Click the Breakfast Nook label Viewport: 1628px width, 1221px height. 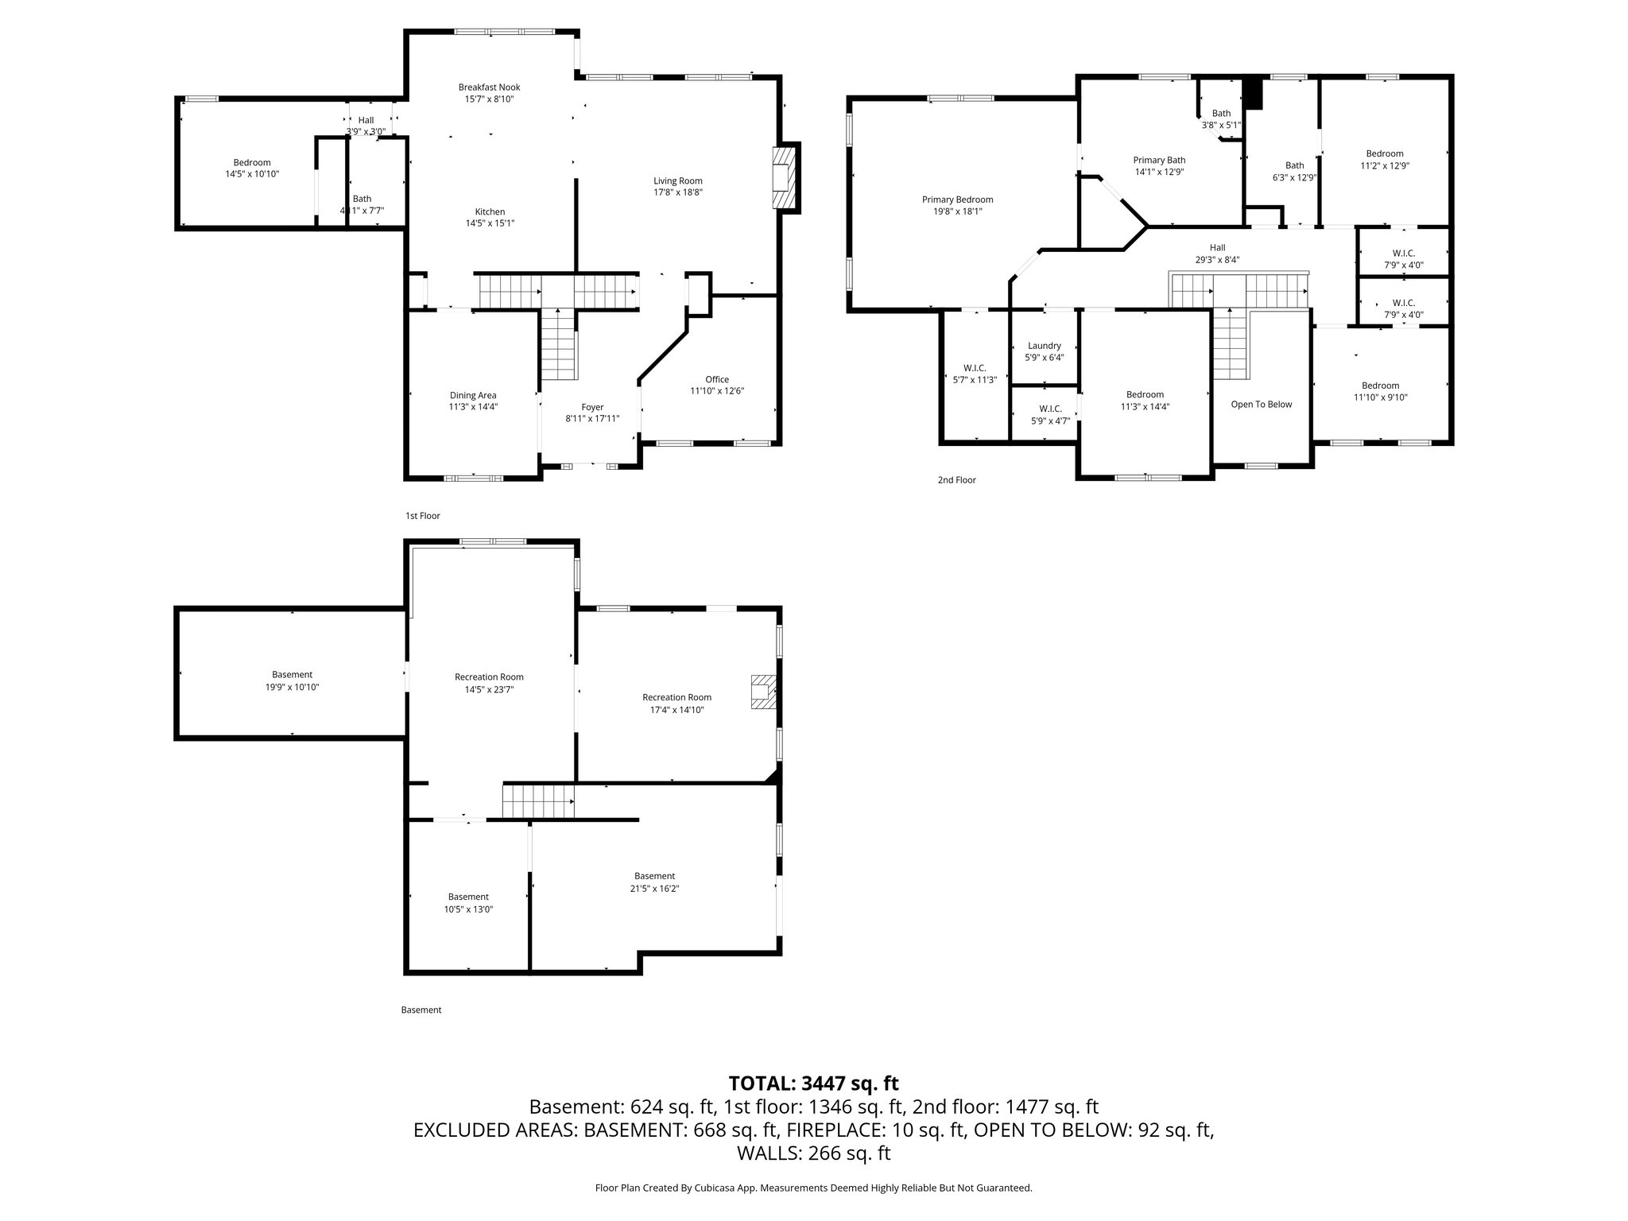click(489, 87)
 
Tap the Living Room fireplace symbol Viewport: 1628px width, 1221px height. click(785, 177)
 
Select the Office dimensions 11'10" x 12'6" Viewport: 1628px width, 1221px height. click(716, 391)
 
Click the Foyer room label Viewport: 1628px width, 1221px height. click(592, 407)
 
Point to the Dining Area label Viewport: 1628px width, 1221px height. click(473, 395)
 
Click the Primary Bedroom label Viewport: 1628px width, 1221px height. click(957, 200)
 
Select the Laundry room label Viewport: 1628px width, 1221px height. click(1044, 346)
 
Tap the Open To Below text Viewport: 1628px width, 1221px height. click(1261, 405)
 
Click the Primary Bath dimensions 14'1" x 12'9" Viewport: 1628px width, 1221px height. click(1159, 172)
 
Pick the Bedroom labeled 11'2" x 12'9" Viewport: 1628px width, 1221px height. click(1384, 154)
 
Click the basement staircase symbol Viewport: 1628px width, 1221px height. click(538, 800)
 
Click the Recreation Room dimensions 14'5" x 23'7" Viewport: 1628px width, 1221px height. click(489, 690)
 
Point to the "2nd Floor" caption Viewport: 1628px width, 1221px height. click(956, 480)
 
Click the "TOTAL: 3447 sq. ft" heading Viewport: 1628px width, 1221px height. click(813, 1083)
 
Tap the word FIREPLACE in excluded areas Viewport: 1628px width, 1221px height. click(903, 1130)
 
